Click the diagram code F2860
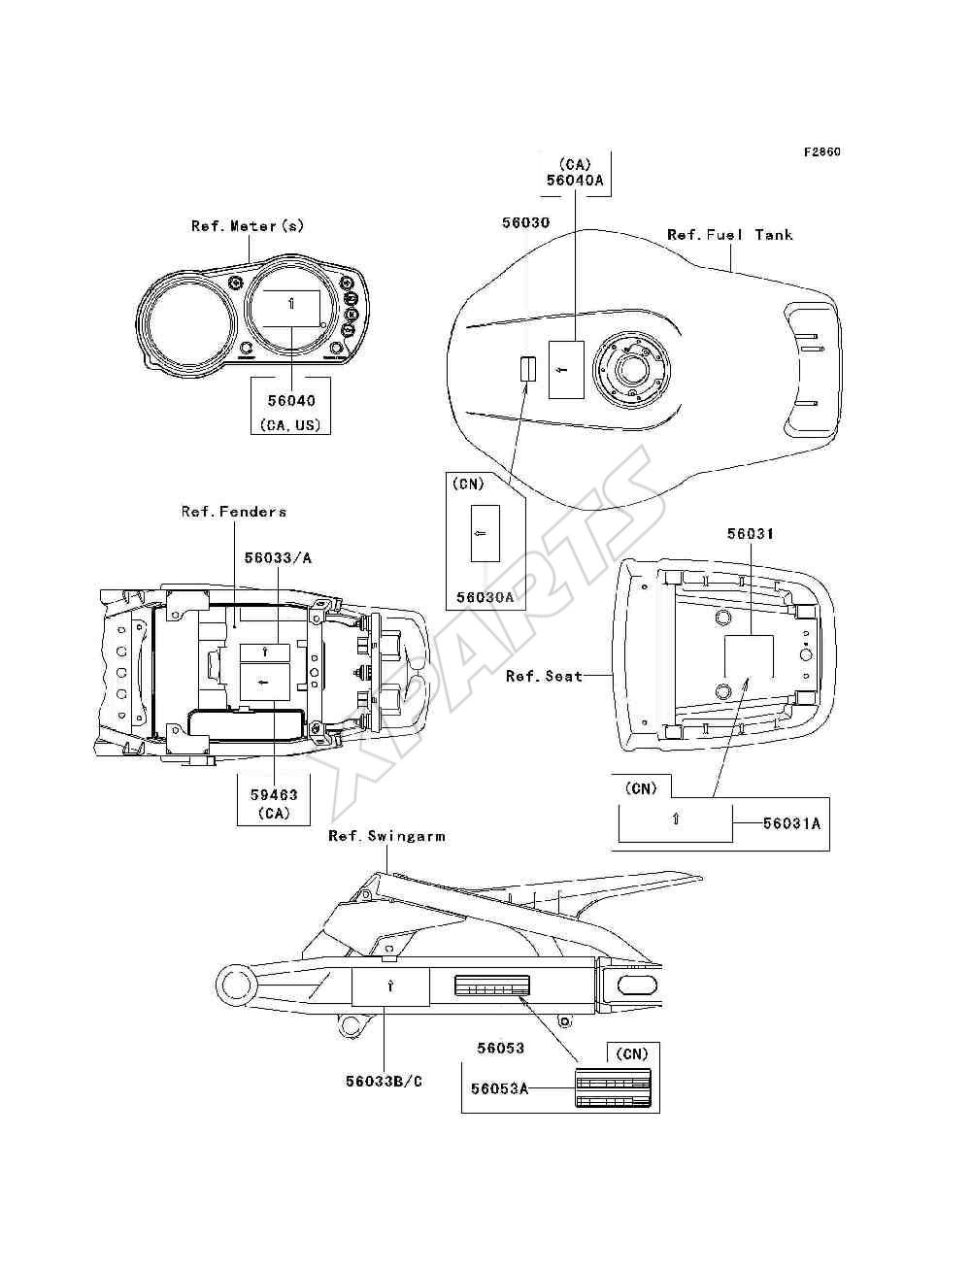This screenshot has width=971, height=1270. (x=821, y=152)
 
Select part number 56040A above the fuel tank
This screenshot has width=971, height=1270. (x=575, y=180)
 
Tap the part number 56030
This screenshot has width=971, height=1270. (x=525, y=222)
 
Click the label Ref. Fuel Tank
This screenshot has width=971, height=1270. (x=729, y=235)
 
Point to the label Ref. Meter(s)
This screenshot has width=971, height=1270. (x=247, y=225)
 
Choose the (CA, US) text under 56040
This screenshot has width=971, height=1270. (x=290, y=425)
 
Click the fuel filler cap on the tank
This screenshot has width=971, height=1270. (x=631, y=369)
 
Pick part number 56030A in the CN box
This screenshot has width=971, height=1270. (x=485, y=597)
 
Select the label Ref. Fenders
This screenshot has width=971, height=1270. (x=234, y=512)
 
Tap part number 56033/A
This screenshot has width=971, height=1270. (x=278, y=557)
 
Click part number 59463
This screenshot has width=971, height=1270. (x=274, y=794)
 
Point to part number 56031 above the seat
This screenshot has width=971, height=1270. (x=751, y=533)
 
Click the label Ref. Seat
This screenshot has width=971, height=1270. (x=544, y=676)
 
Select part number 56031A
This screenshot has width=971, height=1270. (x=791, y=823)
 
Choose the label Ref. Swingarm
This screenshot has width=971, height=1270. (x=386, y=836)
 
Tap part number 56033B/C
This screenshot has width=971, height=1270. (x=384, y=1081)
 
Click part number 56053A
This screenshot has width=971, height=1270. (x=499, y=1088)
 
